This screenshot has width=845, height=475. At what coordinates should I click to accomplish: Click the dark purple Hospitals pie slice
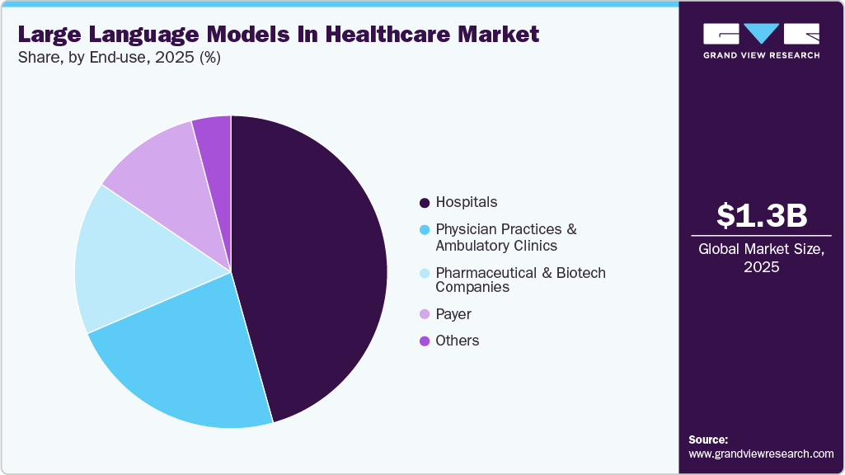click(317, 264)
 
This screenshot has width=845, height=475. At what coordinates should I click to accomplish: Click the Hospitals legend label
click(467, 202)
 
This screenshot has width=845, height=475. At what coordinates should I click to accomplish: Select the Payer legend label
click(453, 314)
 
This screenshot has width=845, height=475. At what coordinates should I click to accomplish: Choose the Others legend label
click(458, 341)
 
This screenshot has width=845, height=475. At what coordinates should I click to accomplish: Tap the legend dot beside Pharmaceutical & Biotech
click(425, 273)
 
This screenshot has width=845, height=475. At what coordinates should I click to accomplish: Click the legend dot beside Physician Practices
click(425, 229)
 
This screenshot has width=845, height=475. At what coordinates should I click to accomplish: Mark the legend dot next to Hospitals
click(425, 203)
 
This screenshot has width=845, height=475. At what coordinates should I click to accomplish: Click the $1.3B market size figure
click(761, 216)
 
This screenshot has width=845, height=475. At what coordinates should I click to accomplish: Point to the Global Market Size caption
click(761, 258)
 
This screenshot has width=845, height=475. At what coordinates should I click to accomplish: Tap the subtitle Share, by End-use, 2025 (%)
click(119, 58)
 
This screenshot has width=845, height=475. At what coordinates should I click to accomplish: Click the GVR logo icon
click(761, 34)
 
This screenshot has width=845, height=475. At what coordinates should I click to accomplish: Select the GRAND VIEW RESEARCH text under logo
click(761, 55)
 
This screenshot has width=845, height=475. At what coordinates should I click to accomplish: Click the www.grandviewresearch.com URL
click(761, 454)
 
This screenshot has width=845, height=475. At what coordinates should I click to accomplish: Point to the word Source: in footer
click(708, 440)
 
